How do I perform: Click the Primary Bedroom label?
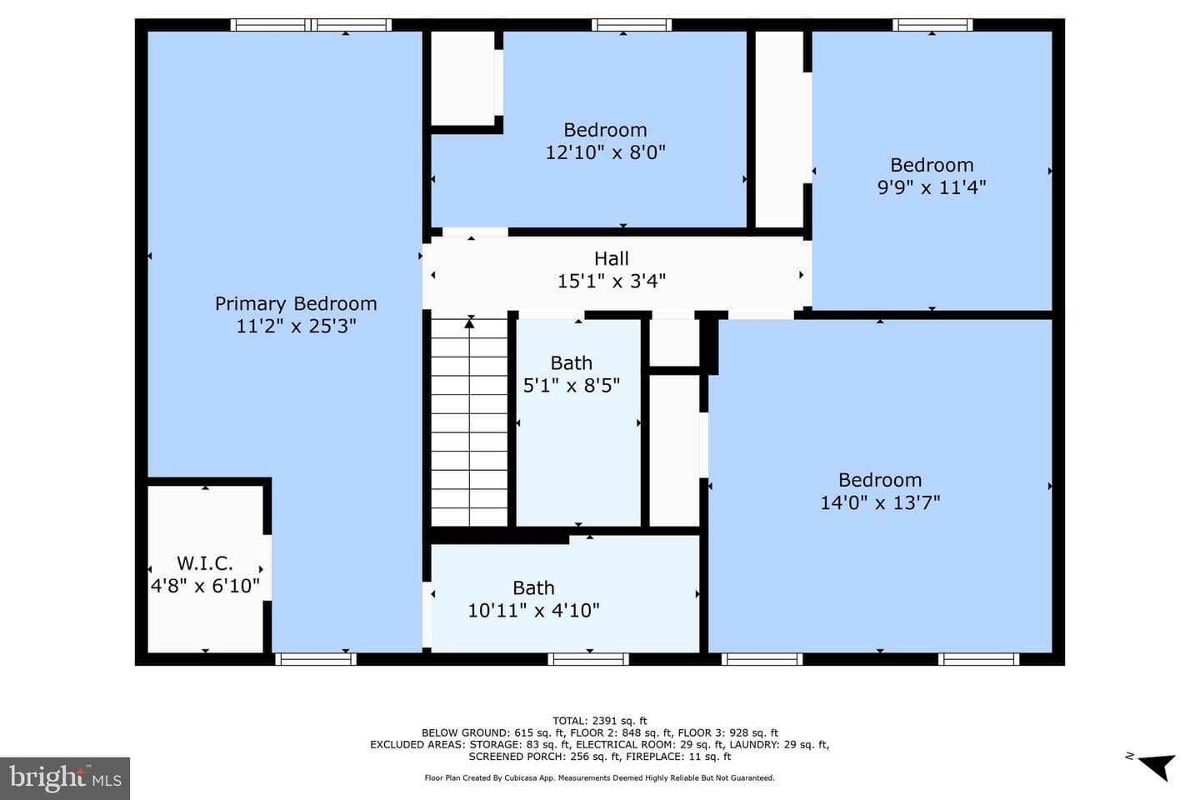click(296, 304)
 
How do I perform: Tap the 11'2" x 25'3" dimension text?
click(296, 326)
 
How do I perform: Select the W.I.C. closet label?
click(205, 563)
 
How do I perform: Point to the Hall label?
click(612, 259)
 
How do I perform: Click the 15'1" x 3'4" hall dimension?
click(612, 281)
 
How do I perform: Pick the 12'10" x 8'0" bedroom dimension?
click(605, 152)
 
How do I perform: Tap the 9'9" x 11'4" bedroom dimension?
click(932, 187)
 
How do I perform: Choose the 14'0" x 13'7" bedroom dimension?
click(880, 502)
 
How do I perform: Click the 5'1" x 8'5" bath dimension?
click(571, 385)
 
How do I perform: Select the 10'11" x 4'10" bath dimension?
click(533, 610)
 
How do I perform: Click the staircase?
click(469, 422)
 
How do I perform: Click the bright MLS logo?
click(65, 778)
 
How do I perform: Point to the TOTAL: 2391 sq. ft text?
click(599, 721)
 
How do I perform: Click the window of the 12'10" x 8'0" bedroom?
click(631, 25)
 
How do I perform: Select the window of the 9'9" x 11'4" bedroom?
click(932, 25)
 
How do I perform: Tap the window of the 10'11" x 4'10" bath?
click(588, 659)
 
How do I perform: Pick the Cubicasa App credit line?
click(599, 778)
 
